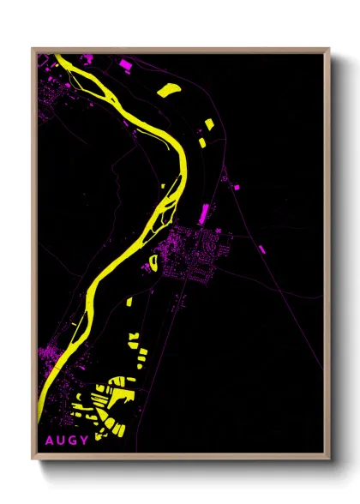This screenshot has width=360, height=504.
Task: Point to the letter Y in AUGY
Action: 86,441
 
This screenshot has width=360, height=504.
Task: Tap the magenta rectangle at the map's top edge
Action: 125,63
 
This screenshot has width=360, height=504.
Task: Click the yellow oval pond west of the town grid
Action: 154,261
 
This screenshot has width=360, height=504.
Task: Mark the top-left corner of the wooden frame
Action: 33,49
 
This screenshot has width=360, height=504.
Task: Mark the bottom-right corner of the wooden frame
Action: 329,461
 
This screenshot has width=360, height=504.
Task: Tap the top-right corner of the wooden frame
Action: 329,49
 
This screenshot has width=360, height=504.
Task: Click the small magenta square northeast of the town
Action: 225,179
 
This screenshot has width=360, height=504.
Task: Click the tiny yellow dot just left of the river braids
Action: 163,185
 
